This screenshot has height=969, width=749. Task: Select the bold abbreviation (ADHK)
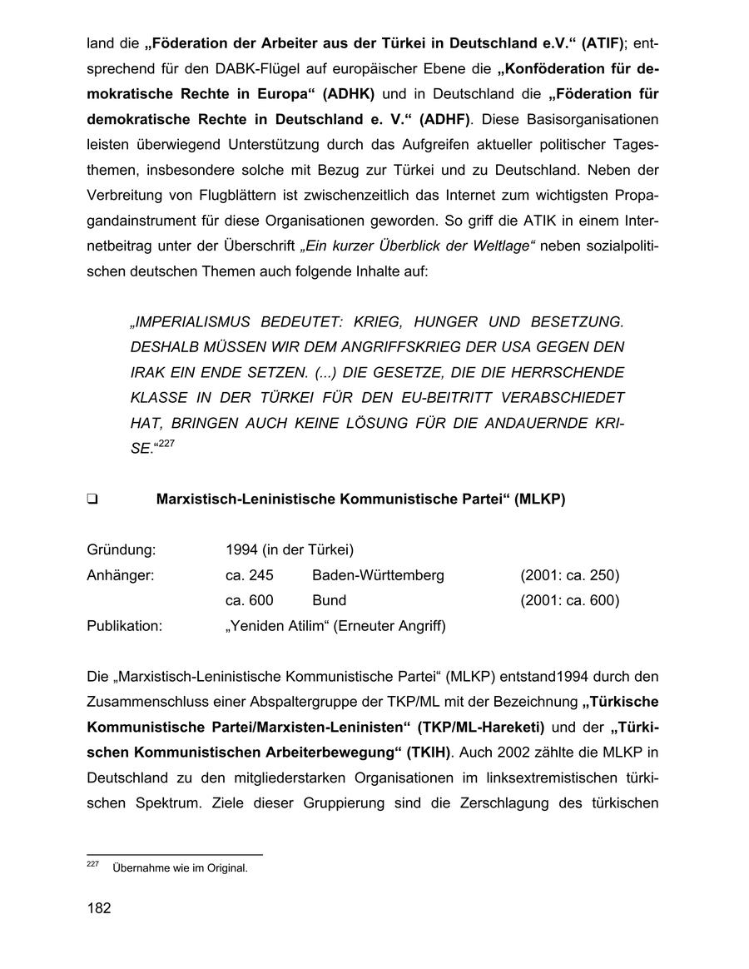[349, 93]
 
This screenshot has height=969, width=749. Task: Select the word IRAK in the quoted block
[149, 371]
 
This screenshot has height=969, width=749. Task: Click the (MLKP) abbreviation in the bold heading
[539, 499]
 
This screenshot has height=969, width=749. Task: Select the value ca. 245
[249, 575]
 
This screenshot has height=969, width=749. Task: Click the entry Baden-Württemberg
[378, 575]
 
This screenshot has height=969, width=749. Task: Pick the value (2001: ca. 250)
[569, 575]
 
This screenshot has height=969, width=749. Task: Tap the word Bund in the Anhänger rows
[329, 600]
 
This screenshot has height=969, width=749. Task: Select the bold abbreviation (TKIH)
[428, 753]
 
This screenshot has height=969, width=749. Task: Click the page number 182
[99, 908]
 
